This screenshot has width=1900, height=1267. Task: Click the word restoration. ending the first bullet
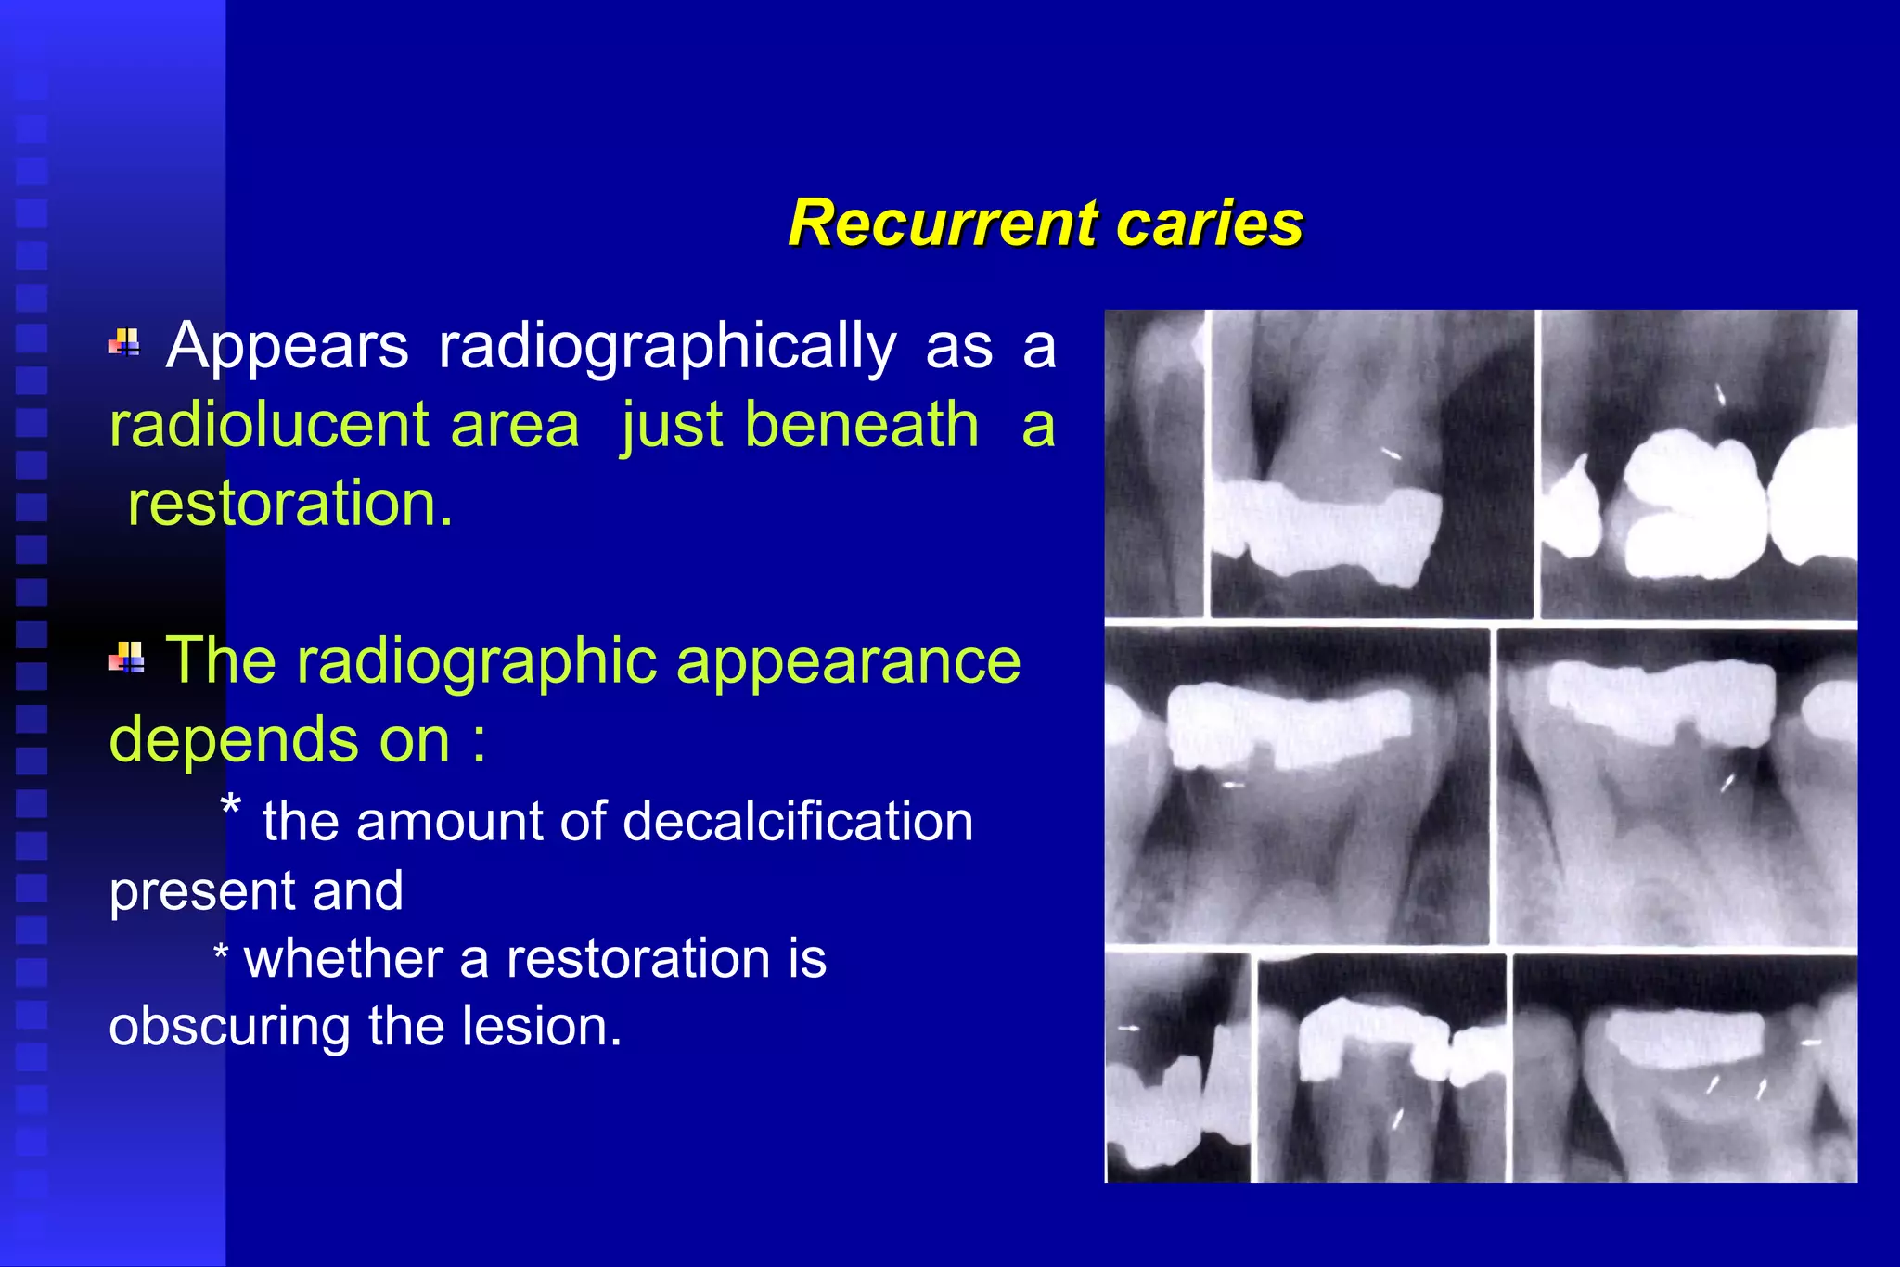[x=290, y=505]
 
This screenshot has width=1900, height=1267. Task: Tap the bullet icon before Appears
[x=124, y=343]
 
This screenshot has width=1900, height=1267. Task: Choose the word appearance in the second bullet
[x=848, y=661]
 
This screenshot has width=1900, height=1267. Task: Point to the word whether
[x=342, y=958]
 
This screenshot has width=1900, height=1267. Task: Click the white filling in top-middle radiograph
[x=1327, y=529]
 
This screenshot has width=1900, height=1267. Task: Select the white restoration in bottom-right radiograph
[x=1684, y=1037]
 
